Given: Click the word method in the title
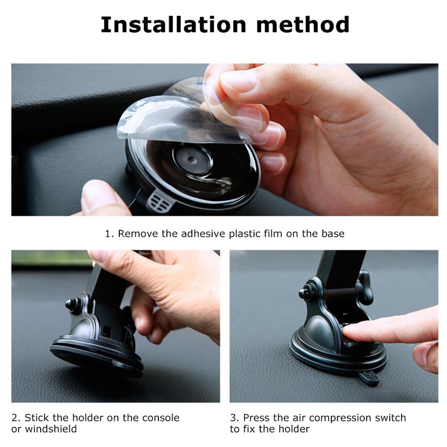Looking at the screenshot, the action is (303, 25).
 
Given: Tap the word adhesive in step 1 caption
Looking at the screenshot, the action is (203, 234).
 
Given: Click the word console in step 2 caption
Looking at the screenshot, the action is (161, 418).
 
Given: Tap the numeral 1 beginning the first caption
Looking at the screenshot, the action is (108, 234).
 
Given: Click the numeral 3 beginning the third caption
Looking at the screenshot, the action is (233, 418).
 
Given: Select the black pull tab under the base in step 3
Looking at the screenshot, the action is (369, 378).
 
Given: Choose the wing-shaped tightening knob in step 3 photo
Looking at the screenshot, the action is (365, 288).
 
